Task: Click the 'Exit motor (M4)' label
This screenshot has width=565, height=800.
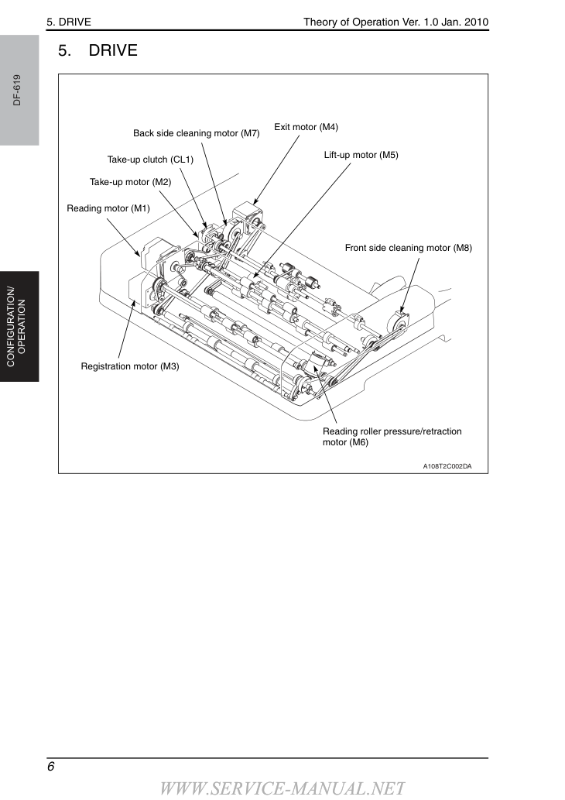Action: click(x=306, y=127)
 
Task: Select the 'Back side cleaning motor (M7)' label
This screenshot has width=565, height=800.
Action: click(x=197, y=133)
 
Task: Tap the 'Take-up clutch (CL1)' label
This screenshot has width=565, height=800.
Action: click(x=150, y=160)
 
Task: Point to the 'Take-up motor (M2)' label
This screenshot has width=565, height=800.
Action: click(x=131, y=182)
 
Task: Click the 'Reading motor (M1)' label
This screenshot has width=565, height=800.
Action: click(x=108, y=208)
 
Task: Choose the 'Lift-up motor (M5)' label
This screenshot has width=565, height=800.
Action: click(x=361, y=155)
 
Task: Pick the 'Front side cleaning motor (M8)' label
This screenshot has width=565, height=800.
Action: click(x=409, y=248)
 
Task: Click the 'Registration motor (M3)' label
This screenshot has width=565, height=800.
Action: click(x=130, y=366)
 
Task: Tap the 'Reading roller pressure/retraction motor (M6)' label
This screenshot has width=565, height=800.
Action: click(x=392, y=437)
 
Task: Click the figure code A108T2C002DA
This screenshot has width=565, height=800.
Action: click(x=447, y=465)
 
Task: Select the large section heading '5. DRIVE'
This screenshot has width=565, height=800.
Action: click(x=98, y=50)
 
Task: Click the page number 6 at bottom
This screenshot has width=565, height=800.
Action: click(x=50, y=767)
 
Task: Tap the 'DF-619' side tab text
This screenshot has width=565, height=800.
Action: click(x=17, y=90)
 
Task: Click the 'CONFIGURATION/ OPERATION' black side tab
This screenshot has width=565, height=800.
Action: click(x=19, y=327)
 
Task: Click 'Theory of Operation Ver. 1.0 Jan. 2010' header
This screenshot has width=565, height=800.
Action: click(x=395, y=22)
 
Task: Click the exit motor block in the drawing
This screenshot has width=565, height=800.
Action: click(x=245, y=215)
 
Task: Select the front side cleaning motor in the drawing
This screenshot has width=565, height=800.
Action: click(x=399, y=321)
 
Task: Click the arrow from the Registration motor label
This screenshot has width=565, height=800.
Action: click(x=127, y=329)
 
